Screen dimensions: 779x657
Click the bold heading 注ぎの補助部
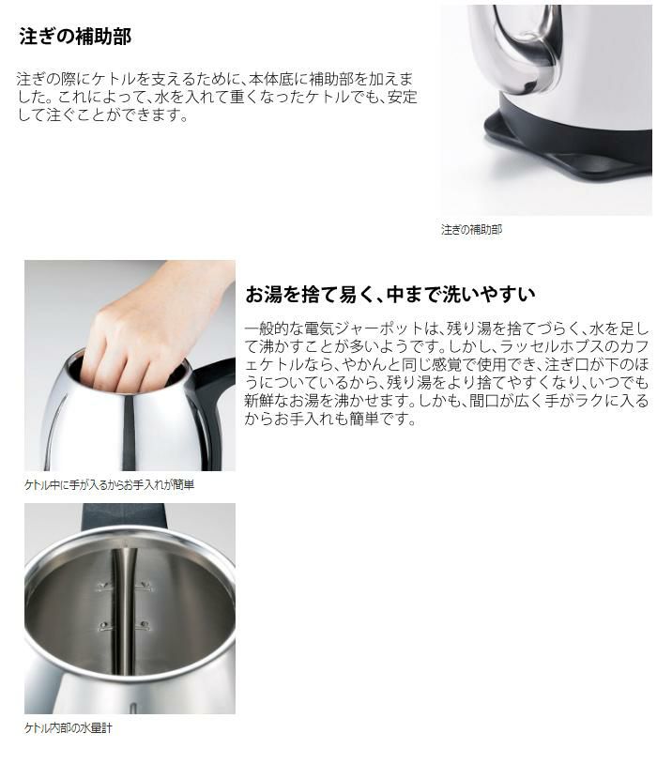[x=75, y=38]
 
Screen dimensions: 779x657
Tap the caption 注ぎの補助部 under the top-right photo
[x=471, y=229]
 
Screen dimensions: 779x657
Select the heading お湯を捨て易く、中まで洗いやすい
[x=390, y=295]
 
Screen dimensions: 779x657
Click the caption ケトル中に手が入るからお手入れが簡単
[x=109, y=485]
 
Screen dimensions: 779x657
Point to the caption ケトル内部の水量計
[x=69, y=727]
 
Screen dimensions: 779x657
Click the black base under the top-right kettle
[x=563, y=155]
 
